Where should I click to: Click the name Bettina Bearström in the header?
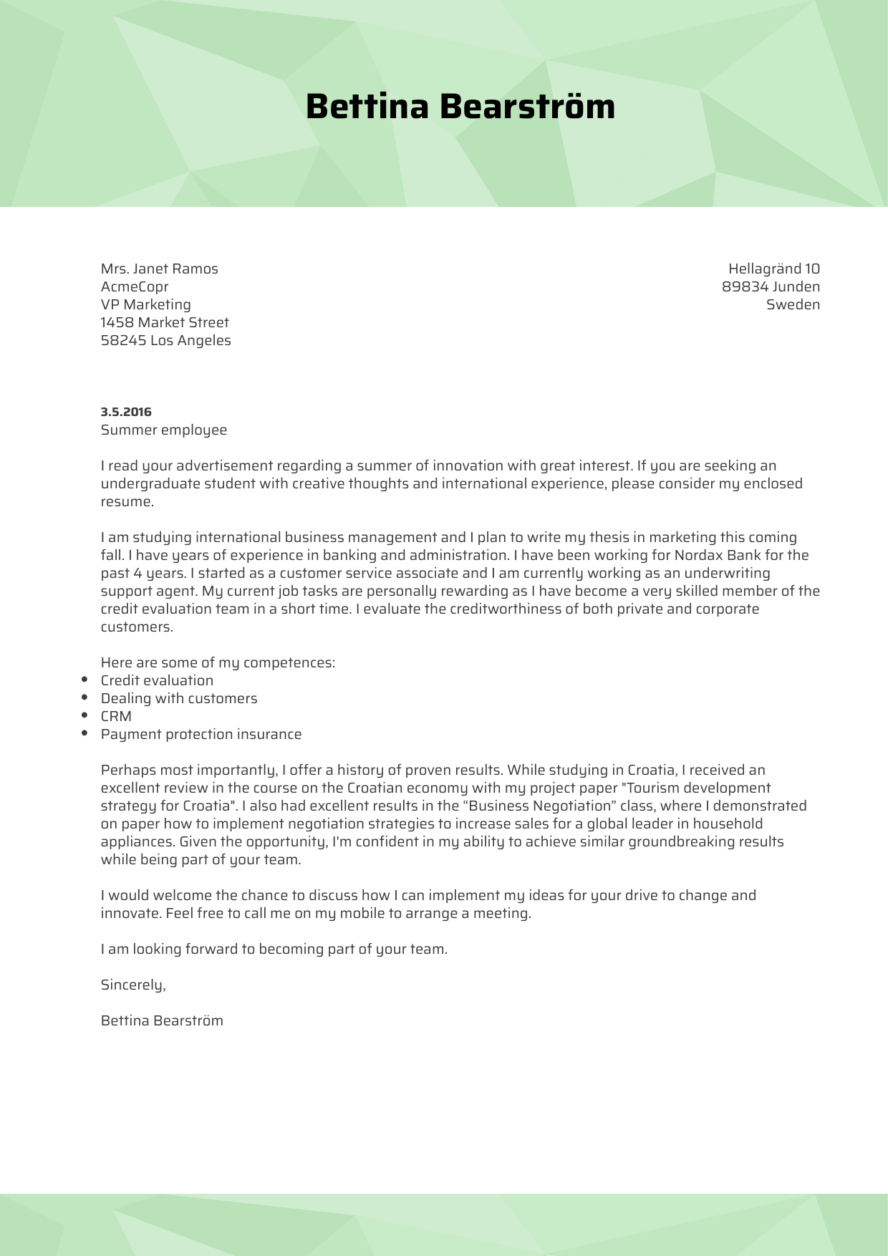point(460,107)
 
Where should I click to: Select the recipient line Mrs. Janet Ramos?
point(159,269)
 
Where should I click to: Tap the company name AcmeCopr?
point(135,286)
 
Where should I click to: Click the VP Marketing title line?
point(145,304)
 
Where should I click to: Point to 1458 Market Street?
point(165,322)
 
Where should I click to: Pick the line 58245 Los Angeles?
point(165,340)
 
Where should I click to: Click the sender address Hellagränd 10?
point(773,269)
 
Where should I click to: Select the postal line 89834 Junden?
point(771,286)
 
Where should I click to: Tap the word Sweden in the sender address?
point(793,304)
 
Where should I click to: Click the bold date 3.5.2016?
point(126,412)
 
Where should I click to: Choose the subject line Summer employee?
point(163,430)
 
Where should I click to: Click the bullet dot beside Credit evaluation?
point(85,680)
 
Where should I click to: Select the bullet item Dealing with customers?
point(178,698)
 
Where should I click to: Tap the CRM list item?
point(116,716)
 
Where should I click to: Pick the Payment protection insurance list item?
point(201,734)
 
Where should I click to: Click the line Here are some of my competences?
point(218,662)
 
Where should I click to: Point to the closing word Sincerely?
point(133,985)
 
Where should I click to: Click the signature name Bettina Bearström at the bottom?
point(162,1020)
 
